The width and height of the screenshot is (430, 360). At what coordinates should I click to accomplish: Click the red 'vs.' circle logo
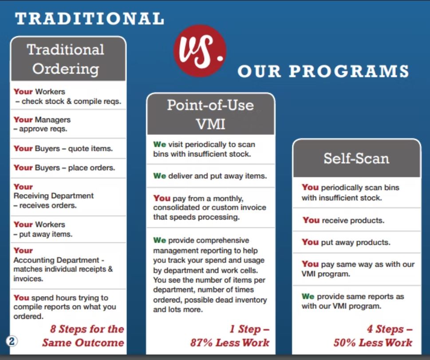coord(200,51)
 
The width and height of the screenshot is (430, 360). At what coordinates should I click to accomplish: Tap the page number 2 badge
coord(12,341)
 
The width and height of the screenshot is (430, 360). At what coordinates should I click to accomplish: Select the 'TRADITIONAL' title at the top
coord(90,19)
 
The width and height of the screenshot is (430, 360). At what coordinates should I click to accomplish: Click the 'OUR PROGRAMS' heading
coord(323,71)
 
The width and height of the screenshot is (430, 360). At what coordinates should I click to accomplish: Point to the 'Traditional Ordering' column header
coord(68,59)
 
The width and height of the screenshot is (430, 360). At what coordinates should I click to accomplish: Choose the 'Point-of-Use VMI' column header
coord(211,114)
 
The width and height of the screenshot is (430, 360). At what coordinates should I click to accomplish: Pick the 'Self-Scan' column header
coord(356,158)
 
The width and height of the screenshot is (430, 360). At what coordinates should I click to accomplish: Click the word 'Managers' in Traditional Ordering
coord(53,120)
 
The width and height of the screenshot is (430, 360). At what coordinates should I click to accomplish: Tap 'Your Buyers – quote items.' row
coord(63,149)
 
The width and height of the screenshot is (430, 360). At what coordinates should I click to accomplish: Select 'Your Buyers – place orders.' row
coord(64,168)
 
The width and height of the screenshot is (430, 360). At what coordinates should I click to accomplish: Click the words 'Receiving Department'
coord(54,196)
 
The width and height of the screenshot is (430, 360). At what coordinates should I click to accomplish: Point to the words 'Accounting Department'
coord(56,260)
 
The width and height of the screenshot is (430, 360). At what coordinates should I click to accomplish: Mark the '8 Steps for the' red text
coord(87,329)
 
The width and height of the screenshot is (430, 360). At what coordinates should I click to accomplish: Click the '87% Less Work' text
coord(230,342)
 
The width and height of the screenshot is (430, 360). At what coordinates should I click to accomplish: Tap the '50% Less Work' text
coord(373,342)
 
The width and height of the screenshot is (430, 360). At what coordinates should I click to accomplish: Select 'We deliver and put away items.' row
coord(210,176)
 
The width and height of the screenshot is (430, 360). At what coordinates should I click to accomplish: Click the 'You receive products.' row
coord(343,220)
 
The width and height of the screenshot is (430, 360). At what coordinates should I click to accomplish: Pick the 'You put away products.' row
coord(346,242)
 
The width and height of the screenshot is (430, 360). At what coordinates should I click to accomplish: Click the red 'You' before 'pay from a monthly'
coord(162,198)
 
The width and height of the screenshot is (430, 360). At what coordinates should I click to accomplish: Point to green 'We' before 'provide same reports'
coord(308,297)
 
